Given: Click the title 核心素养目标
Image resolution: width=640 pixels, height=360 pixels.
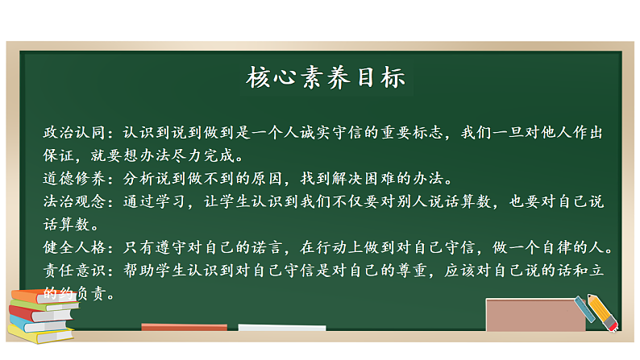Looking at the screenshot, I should (x=325, y=79).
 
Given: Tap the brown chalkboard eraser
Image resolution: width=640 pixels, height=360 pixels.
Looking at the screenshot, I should (x=534, y=315).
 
